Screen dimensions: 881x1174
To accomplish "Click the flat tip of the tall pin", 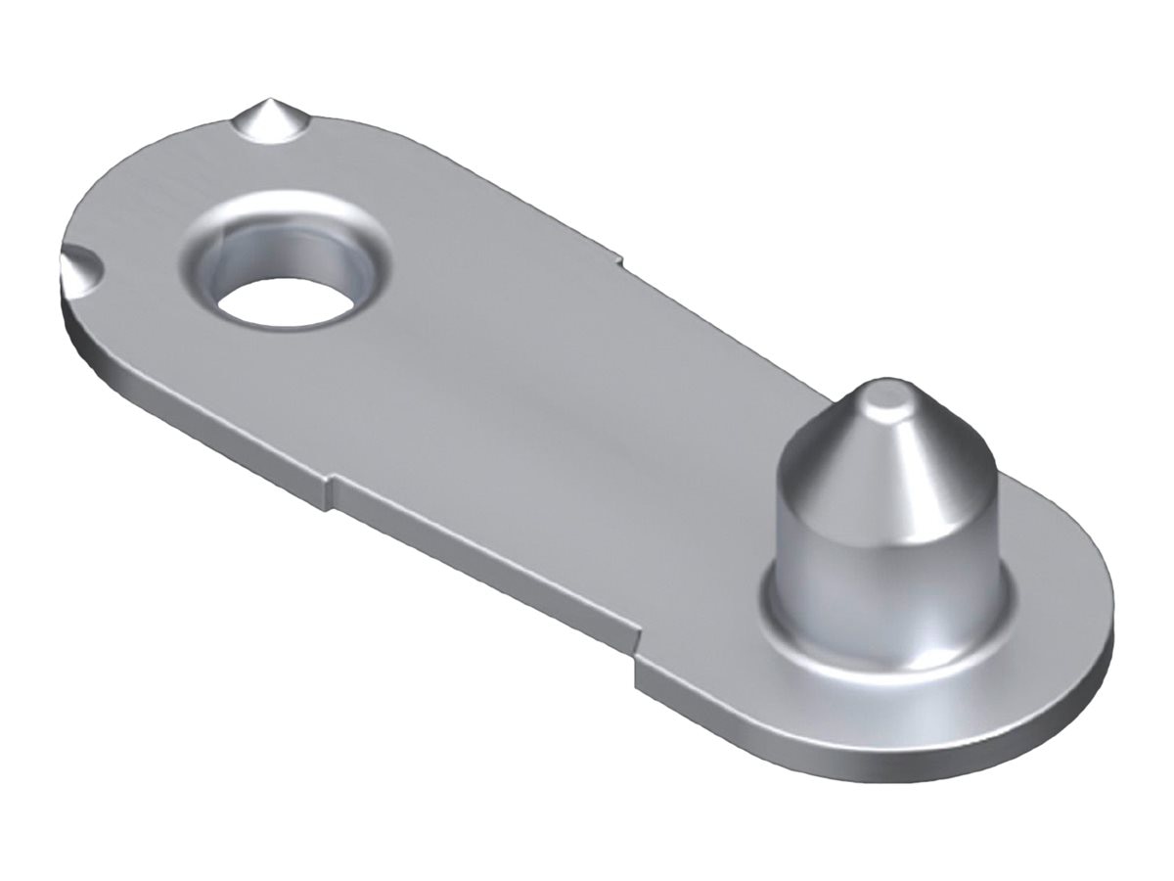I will click(x=884, y=395).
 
